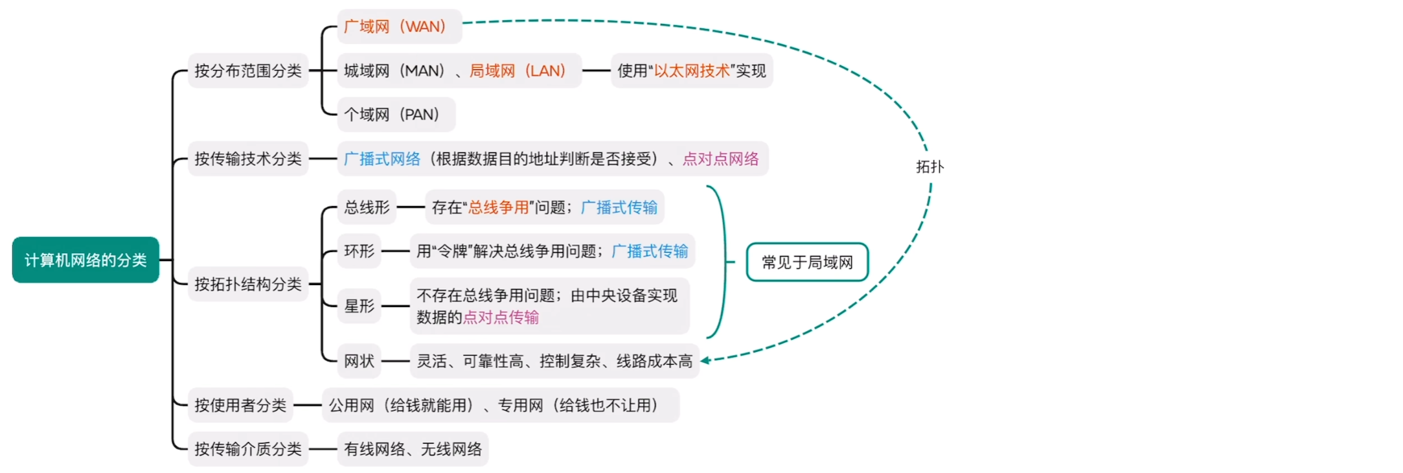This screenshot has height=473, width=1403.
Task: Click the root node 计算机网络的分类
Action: click(x=86, y=260)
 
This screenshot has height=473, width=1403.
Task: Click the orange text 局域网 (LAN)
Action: click(x=518, y=71)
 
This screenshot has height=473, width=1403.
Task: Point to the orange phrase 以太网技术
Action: click(x=692, y=71)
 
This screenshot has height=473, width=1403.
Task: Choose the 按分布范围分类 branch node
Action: click(x=248, y=71)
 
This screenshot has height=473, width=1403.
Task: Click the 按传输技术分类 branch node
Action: click(x=248, y=159)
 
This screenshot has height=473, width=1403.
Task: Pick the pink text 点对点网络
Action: click(x=720, y=159)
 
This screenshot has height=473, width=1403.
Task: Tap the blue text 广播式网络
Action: click(x=382, y=159)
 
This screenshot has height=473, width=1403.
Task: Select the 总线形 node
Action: click(x=367, y=207)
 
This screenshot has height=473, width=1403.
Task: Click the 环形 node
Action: click(x=359, y=251)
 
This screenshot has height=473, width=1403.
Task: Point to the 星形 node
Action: click(x=359, y=306)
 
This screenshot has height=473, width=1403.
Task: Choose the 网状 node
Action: click(x=359, y=361)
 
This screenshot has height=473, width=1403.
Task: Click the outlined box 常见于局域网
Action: click(x=807, y=262)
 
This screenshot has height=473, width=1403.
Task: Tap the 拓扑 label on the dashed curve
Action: click(x=930, y=167)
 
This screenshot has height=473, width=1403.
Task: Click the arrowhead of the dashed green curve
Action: click(x=705, y=360)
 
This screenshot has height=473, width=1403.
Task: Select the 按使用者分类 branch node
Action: click(x=240, y=406)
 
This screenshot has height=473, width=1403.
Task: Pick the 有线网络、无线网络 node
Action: click(x=413, y=449)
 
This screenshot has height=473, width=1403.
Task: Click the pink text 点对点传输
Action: click(x=501, y=317)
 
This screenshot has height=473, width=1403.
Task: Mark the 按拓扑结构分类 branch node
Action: click(x=248, y=284)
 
